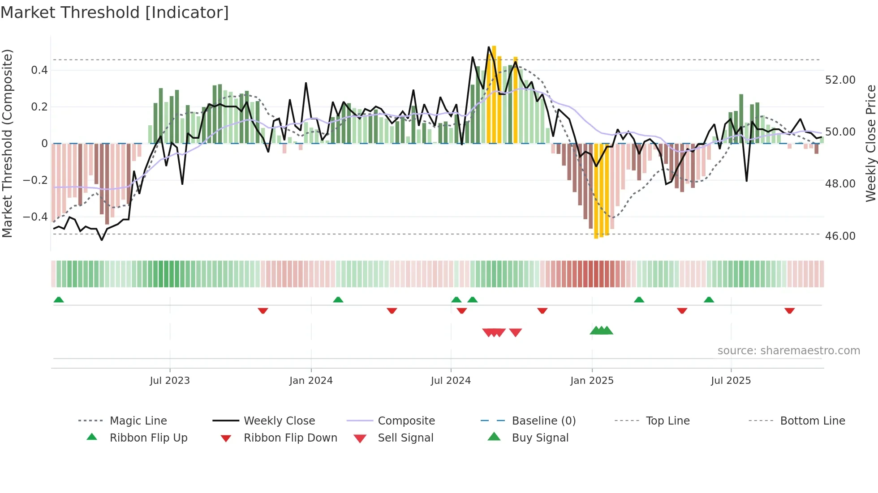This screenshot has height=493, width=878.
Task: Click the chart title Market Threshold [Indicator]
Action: [115, 13]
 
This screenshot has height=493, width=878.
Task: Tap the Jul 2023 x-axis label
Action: [170, 381]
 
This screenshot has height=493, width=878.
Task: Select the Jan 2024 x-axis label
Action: [311, 381]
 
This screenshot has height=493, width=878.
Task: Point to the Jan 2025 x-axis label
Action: [592, 381]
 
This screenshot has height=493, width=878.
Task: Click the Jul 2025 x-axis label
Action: [731, 381]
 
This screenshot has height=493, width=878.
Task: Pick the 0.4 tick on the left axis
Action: [39, 70]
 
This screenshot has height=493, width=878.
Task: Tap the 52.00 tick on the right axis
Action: [840, 80]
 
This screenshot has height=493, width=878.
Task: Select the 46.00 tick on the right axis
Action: [840, 236]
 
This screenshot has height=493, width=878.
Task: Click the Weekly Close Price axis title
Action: [870, 143]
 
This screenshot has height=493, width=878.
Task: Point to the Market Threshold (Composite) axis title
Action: [8, 143]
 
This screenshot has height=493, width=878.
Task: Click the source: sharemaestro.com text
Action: [788, 351]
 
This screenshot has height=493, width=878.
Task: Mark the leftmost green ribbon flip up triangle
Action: [59, 300]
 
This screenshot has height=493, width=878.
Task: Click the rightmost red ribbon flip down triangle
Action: [789, 310]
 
